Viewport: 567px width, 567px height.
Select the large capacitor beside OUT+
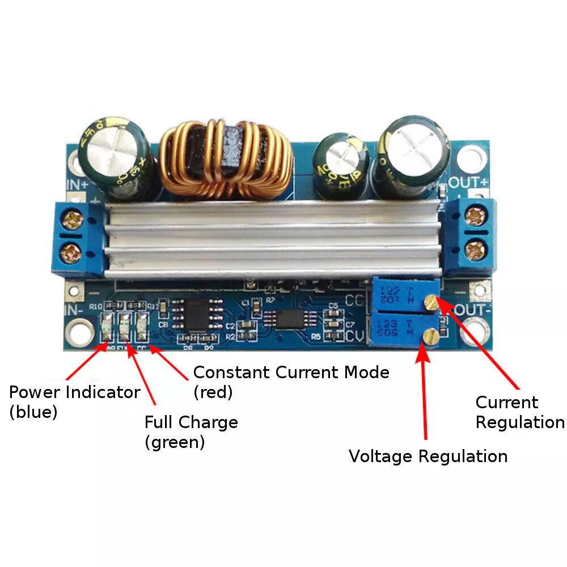coord(414,153)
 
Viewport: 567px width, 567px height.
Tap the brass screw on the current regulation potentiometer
coord(432,302)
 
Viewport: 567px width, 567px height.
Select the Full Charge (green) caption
coord(191,431)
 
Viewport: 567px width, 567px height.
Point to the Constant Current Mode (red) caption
coord(291,382)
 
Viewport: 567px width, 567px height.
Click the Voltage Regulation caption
coord(428,456)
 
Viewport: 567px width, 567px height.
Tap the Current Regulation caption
coord(519,412)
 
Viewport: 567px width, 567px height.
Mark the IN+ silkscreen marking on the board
coord(78,184)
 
